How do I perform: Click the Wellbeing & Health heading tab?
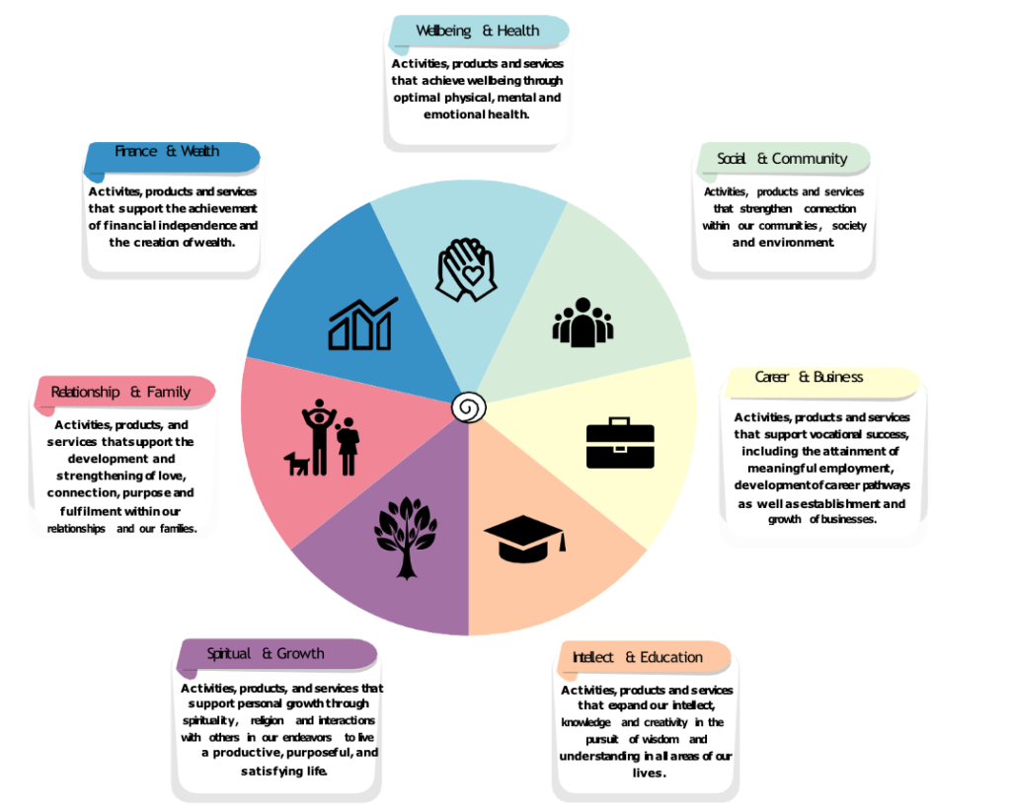click(x=478, y=31)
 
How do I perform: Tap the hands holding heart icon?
click(x=466, y=269)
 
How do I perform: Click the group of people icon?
click(x=583, y=323)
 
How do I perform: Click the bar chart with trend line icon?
click(x=362, y=324)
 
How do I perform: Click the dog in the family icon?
click(x=297, y=463)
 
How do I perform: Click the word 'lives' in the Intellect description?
click(x=647, y=774)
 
